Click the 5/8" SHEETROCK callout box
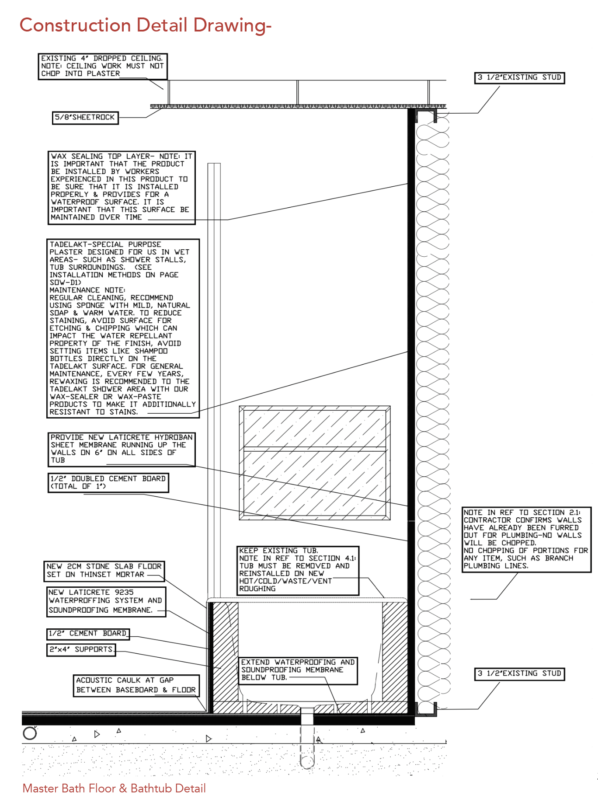click(85, 118)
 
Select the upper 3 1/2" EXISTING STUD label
click(519, 78)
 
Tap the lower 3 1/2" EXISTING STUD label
click(519, 673)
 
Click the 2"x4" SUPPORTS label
click(81, 649)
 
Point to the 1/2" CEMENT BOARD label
click(88, 634)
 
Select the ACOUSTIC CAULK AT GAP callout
click(136, 685)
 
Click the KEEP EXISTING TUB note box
click(298, 570)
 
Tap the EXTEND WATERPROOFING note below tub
click(298, 670)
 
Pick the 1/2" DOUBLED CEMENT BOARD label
click(108, 482)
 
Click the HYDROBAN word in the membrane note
click(173, 437)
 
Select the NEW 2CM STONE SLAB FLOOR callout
click(104, 571)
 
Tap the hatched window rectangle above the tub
click(314, 463)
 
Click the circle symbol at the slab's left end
click(30, 733)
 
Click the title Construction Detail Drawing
click(146, 25)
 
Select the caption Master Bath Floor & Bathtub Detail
click(114, 788)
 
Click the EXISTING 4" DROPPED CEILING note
click(102, 66)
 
